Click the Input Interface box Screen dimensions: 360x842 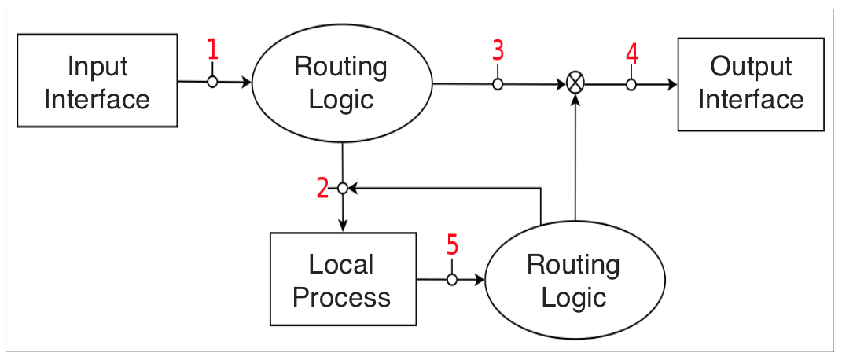click(97, 81)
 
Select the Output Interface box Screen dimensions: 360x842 click(750, 83)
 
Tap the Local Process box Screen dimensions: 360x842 click(343, 279)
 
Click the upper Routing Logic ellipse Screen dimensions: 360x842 click(341, 83)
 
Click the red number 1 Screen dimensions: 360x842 click(212, 50)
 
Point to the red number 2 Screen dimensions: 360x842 click(322, 188)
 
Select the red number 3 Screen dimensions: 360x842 click(498, 50)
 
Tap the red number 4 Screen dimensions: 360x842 click(631, 53)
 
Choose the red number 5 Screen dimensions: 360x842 click(452, 246)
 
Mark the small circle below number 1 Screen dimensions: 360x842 click(212, 82)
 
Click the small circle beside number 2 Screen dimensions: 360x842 click(343, 188)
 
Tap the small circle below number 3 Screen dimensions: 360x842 click(498, 83)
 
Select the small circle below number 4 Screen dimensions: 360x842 click(631, 84)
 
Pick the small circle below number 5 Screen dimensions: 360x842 click(452, 279)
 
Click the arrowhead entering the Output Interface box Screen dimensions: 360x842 click(671, 84)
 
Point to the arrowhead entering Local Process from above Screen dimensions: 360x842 click(343, 227)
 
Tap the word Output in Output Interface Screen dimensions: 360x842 click(751, 67)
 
